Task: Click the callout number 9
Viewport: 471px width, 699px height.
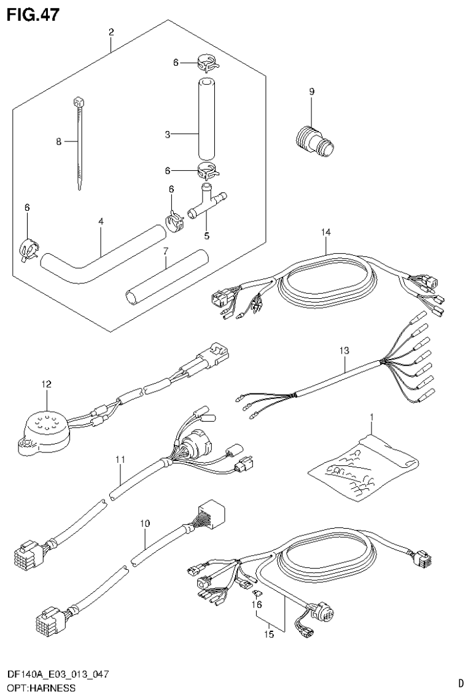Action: (311, 92)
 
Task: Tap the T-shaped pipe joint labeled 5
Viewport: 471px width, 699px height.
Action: (205, 200)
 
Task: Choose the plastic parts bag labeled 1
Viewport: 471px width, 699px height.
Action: (362, 468)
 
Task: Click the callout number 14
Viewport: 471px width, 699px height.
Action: (325, 232)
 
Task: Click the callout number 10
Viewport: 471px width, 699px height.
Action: (145, 524)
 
